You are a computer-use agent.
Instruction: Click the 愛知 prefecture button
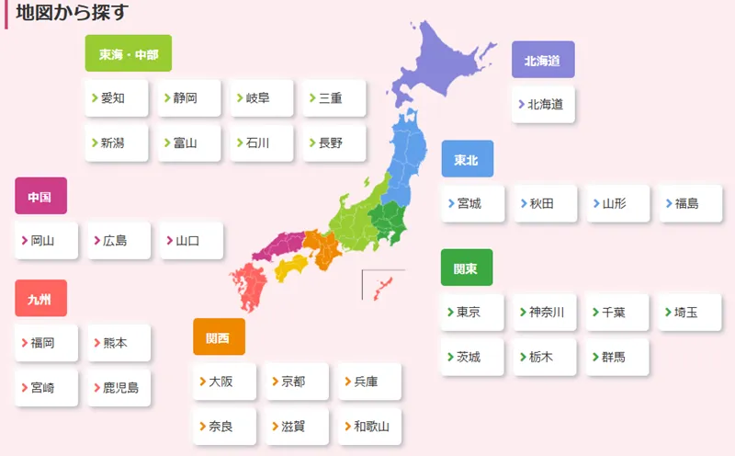pyautogui.click(x=117, y=98)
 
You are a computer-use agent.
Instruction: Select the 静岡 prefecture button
pyautogui.click(x=189, y=98)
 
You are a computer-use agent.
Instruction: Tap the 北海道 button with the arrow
pyautogui.click(x=544, y=105)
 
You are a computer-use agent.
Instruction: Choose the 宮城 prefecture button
pyautogui.click(x=473, y=203)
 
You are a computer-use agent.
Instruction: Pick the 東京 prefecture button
pyautogui.click(x=473, y=312)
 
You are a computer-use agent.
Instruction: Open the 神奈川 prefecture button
pyautogui.click(x=546, y=312)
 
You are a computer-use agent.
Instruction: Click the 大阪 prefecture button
pyautogui.click(x=224, y=382)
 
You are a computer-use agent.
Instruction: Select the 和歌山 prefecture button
pyautogui.click(x=369, y=427)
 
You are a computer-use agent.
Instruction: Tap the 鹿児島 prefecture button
pyautogui.click(x=119, y=388)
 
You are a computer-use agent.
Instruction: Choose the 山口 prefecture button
pyautogui.click(x=191, y=241)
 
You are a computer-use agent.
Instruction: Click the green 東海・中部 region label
pyautogui.click(x=129, y=54)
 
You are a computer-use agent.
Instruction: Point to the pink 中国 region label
pyautogui.click(x=40, y=197)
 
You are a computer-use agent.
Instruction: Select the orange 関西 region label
pyautogui.click(x=219, y=337)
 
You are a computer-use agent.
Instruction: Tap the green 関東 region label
pyautogui.click(x=466, y=268)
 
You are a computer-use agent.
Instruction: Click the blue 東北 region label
pyautogui.click(x=467, y=160)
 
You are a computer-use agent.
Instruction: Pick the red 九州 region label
pyautogui.click(x=40, y=299)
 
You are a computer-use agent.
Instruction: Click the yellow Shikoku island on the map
pyautogui.click(x=291, y=267)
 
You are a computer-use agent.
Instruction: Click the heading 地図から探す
pyautogui.click(x=72, y=13)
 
